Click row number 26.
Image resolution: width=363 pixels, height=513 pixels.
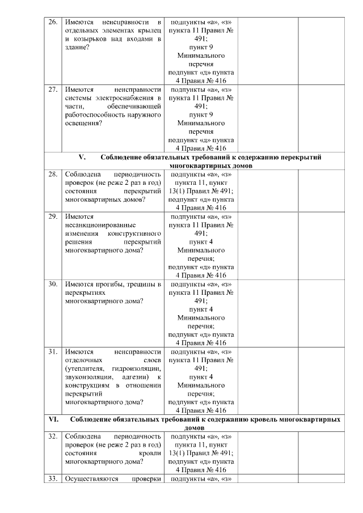click(x=52, y=22)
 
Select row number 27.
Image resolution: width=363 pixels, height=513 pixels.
click(x=52, y=90)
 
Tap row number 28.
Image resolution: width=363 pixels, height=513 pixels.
click(x=52, y=175)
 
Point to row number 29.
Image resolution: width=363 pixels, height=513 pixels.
click(x=52, y=217)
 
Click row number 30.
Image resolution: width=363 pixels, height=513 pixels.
click(x=52, y=284)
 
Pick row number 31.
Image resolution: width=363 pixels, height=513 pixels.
click(x=52, y=351)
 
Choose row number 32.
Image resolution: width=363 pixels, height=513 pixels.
click(x=52, y=436)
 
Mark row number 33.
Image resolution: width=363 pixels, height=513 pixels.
click(x=52, y=479)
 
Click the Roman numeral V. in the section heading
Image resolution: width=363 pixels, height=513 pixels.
click(x=81, y=157)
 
